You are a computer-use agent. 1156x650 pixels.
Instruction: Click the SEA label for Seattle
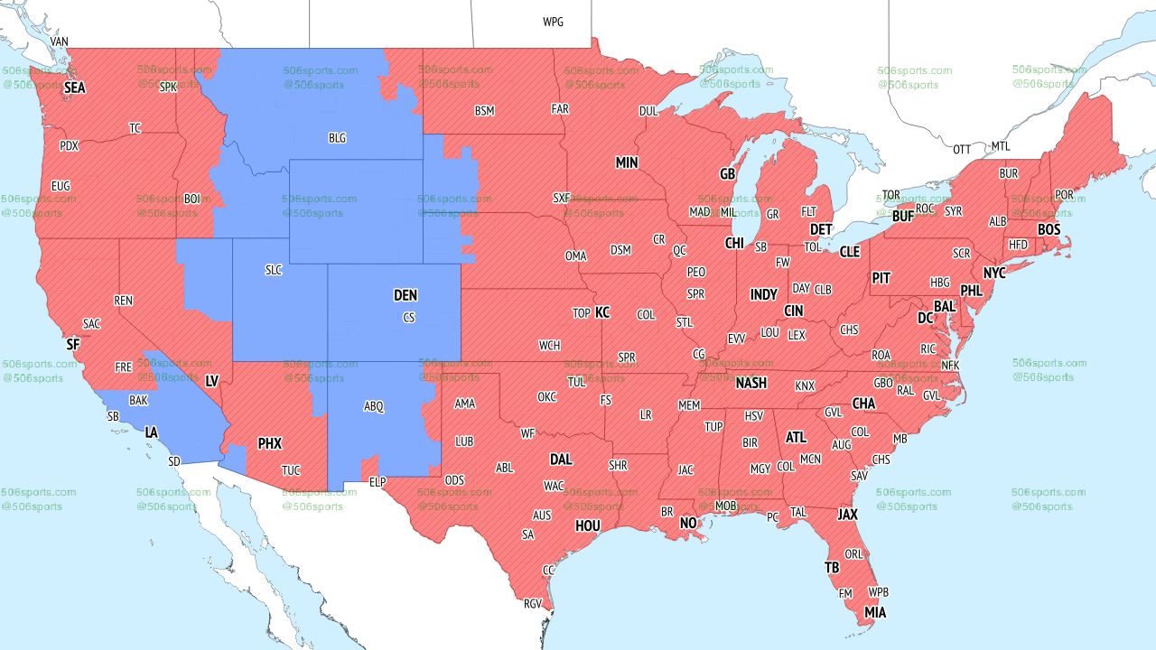click(74, 88)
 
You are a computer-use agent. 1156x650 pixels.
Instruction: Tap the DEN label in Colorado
click(406, 295)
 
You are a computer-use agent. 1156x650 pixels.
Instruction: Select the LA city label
click(152, 432)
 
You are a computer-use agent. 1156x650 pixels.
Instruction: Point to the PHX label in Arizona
click(269, 443)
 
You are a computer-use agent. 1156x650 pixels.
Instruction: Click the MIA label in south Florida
click(874, 613)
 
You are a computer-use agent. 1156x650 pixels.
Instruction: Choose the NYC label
click(994, 273)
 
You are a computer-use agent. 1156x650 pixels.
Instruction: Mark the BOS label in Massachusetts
click(1049, 230)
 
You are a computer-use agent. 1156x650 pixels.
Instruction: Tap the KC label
click(602, 312)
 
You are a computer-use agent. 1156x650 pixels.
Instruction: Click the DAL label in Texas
click(561, 460)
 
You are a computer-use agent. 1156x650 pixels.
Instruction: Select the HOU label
click(588, 525)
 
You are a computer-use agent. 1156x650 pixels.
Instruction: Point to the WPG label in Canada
click(553, 22)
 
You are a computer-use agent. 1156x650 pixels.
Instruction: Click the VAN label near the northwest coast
click(60, 42)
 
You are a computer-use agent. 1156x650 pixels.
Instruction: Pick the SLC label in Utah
click(274, 270)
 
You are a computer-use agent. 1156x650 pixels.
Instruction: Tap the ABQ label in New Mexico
click(374, 407)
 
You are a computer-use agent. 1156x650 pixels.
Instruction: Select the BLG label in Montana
click(337, 138)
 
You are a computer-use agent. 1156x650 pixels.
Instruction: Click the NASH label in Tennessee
click(750, 383)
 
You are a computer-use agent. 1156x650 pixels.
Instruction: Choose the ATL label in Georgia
click(796, 438)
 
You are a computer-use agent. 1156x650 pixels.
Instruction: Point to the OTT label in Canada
click(962, 149)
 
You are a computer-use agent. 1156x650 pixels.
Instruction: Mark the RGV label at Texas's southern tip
click(532, 604)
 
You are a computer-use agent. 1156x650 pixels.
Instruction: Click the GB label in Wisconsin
click(727, 173)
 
